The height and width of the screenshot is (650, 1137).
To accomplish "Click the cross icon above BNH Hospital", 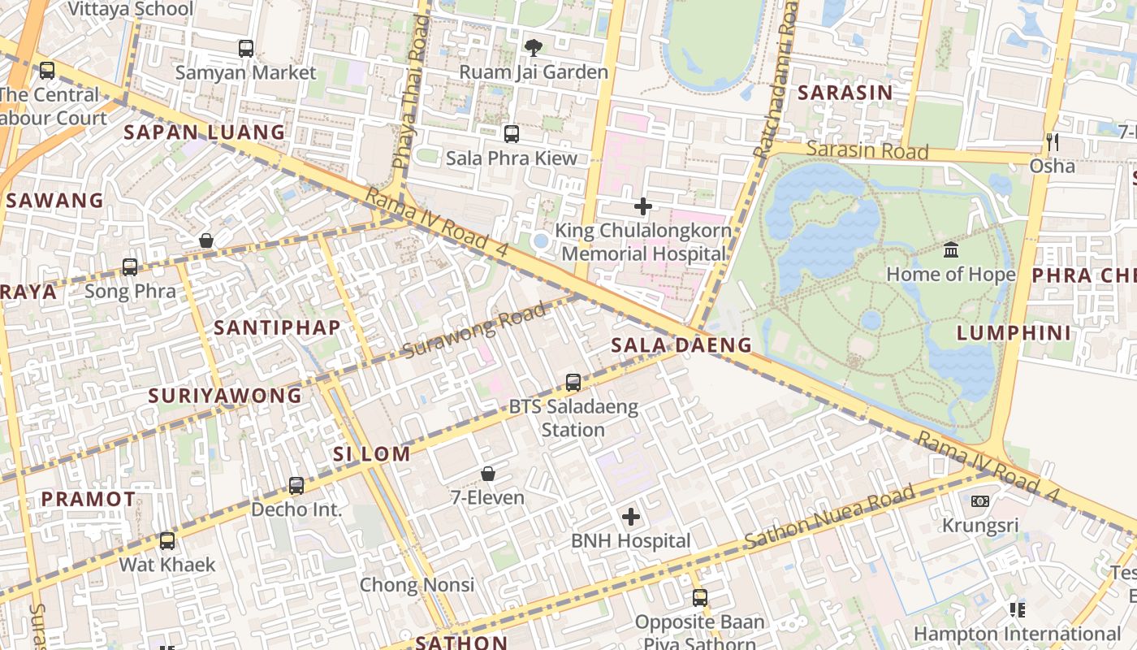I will tap(631, 517).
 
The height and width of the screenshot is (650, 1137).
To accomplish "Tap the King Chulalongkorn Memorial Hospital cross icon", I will tap(643, 206).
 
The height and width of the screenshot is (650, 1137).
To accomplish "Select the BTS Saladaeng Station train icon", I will tap(573, 382).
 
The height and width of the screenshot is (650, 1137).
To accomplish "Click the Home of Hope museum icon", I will tap(950, 249).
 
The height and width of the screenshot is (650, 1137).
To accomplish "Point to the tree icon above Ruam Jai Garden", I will tap(533, 48).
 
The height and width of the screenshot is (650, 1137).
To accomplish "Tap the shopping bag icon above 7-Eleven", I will tap(488, 473).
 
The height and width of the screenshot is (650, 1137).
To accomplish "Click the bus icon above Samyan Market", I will tap(246, 49).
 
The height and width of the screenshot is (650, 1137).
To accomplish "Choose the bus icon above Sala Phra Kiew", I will tap(512, 134).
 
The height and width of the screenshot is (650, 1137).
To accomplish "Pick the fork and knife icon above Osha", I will tap(1053, 142).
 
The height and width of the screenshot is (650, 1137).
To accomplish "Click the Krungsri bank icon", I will tap(980, 501).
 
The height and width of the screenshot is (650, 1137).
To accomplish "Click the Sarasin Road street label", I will tap(867, 150).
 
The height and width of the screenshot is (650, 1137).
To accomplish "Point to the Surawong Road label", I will tap(474, 330).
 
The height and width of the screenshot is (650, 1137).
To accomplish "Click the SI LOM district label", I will tap(372, 453).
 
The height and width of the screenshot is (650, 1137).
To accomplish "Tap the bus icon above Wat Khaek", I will tap(167, 540).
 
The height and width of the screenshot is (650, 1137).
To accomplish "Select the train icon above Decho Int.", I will tap(296, 486).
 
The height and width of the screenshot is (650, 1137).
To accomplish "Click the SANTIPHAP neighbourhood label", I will tap(277, 327).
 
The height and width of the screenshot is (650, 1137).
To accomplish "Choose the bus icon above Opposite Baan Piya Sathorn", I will tap(700, 598).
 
